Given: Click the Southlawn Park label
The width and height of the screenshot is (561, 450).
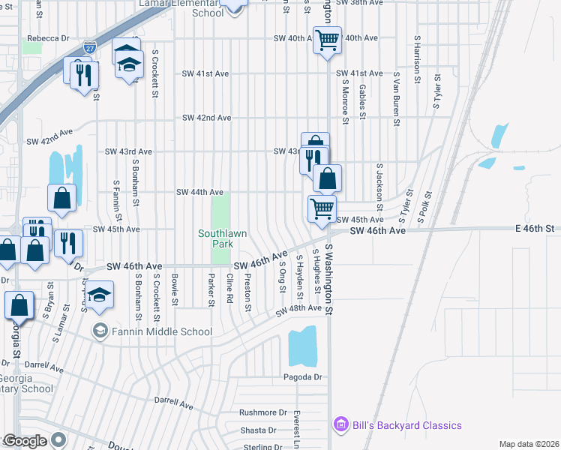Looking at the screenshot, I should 222,239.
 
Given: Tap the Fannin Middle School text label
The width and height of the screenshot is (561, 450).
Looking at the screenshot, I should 162,331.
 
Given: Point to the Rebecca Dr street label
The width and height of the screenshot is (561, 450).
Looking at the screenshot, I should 48,37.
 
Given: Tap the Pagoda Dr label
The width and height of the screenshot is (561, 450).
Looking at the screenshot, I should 302,377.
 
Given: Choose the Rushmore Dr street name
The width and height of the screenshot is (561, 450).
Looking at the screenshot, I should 263,412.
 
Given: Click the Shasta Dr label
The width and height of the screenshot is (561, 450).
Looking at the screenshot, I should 258,430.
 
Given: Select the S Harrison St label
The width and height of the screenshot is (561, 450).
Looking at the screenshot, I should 416,53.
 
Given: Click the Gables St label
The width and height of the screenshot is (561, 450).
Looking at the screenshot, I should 362,101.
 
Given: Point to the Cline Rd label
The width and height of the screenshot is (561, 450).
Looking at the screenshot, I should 230,289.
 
